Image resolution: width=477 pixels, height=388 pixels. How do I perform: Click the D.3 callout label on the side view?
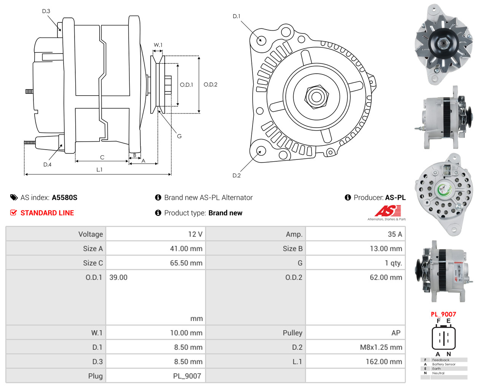coord(46,11)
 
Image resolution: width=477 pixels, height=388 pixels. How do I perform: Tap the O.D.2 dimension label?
coord(210,84)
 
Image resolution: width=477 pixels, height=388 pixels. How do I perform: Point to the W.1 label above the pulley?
coord(158,45)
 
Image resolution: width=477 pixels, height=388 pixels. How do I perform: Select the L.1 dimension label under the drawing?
coord(99,170)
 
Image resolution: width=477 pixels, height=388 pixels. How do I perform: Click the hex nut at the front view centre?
coord(316,96)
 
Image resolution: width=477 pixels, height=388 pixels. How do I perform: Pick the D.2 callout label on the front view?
coord(237,175)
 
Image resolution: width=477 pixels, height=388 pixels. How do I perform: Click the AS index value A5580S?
coord(64,197)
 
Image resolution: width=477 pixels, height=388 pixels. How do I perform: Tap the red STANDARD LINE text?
coord(47,213)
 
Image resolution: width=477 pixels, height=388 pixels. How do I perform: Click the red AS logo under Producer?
coord(388,211)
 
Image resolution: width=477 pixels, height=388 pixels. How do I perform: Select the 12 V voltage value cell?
coord(195,234)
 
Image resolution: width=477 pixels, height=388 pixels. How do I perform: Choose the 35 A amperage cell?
coord(394,234)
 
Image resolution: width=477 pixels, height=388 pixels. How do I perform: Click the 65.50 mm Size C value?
coord(186,263)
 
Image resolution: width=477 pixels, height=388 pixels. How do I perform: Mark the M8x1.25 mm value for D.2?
coord(381,347)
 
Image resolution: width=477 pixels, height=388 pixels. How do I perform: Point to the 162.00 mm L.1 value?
coord(383,362)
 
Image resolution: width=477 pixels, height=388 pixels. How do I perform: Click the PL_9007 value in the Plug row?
coord(187,376)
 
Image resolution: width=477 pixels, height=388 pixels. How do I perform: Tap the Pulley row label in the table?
coord(292,333)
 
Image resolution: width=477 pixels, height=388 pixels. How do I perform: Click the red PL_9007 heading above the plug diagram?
coord(443,314)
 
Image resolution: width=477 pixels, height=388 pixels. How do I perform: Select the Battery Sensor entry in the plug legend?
coord(444,364)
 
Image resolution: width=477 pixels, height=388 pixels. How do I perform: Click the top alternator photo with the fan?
coord(444,44)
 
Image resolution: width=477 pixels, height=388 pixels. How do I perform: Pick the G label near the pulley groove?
coord(179,136)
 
